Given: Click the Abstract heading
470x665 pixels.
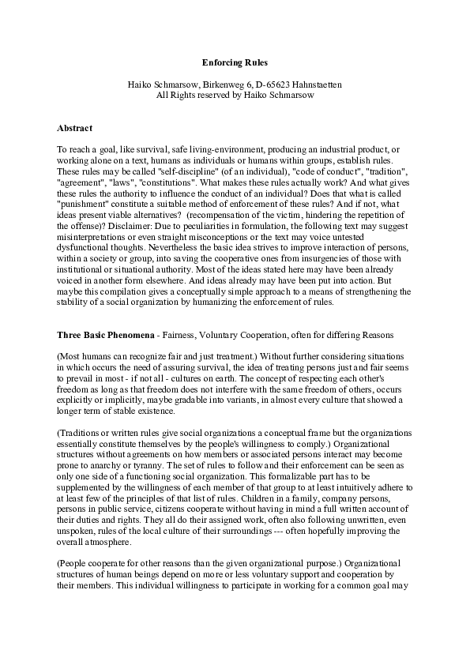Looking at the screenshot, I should [75, 128].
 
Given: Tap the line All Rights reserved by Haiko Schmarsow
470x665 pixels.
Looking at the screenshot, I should [235, 95].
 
